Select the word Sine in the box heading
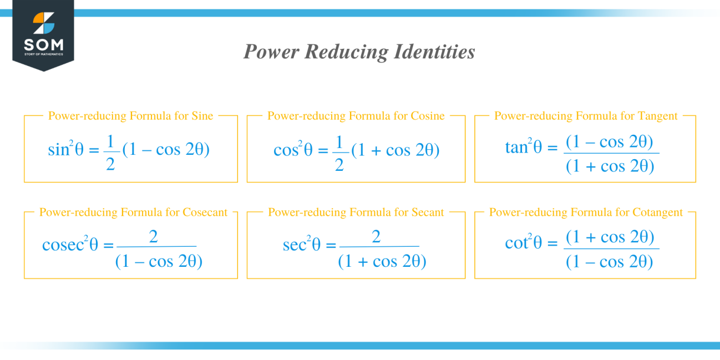(202, 116)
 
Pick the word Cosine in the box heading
(428, 116)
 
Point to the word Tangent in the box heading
(657, 116)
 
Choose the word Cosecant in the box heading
(205, 212)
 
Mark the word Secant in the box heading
(428, 212)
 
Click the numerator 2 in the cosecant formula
(154, 237)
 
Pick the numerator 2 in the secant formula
(376, 237)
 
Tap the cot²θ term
(523, 243)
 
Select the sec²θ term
(301, 245)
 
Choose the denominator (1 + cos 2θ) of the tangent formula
(610, 166)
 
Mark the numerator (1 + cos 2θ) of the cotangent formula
(610, 237)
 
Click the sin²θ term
(65, 150)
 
